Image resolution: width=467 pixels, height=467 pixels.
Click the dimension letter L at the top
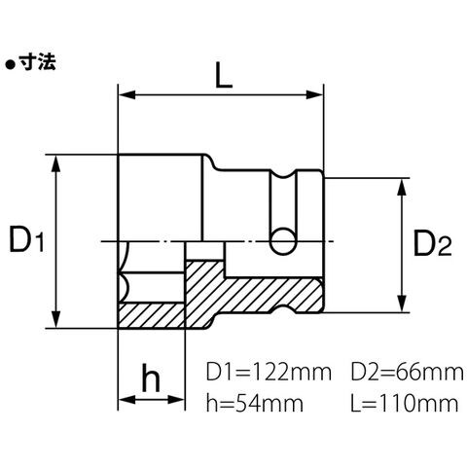pyautogui.click(x=224, y=75)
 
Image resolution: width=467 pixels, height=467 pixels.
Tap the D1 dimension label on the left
pyautogui.click(x=26, y=239)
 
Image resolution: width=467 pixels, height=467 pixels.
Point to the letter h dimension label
pyautogui.click(x=151, y=377)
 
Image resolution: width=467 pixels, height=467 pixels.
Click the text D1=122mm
pyautogui.click(x=269, y=373)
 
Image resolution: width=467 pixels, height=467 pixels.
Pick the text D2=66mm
pyautogui.click(x=407, y=373)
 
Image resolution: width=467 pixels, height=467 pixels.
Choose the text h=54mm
pyautogui.click(x=255, y=404)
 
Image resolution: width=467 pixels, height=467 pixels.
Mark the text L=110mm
pyautogui.click(x=405, y=404)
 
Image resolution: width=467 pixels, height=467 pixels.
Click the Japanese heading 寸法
pyautogui.click(x=37, y=61)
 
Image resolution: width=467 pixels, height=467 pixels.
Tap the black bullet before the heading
pyautogui.click(x=11, y=65)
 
